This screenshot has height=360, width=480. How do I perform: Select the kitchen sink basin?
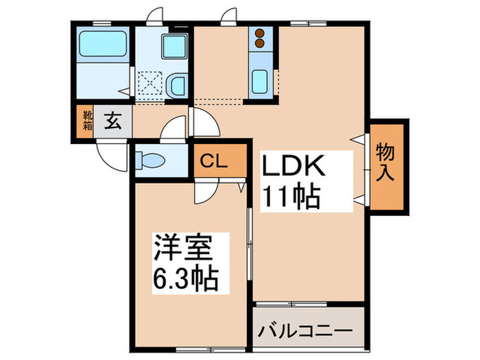261,82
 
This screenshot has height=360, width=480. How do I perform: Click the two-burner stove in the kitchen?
260,38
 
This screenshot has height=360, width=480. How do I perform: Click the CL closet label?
215,161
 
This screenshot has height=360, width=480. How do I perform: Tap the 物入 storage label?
386,163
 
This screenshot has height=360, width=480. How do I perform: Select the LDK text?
296,167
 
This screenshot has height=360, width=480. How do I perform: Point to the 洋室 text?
181,247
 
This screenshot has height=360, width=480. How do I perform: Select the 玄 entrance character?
112,123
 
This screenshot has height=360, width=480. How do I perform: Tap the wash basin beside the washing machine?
176,86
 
